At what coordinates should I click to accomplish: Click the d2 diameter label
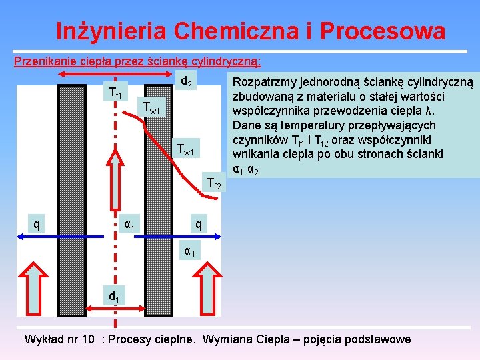click(187, 83)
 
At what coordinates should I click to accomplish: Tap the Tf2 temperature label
click(214, 182)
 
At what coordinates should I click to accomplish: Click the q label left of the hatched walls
click(36, 225)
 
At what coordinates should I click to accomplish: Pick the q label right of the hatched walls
click(199, 225)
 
